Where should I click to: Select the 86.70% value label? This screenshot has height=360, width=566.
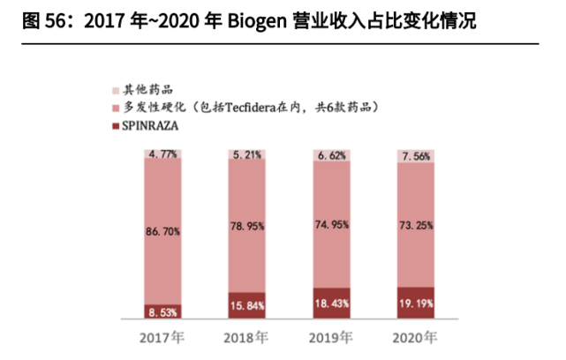tap(163, 231)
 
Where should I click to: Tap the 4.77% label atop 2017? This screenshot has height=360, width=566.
tap(163, 154)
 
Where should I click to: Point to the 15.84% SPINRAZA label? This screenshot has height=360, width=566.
tap(247, 305)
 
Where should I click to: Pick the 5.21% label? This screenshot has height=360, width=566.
tap(247, 155)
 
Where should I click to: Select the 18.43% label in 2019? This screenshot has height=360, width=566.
tap(332, 303)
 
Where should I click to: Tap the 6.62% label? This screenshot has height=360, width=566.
tap(332, 156)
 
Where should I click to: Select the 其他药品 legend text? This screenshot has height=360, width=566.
tap(148, 90)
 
